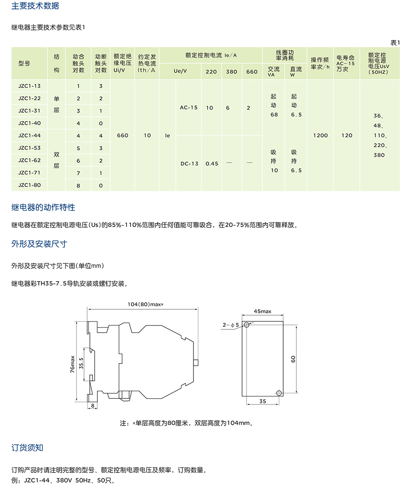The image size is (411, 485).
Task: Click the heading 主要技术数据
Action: pyautogui.click(x=35, y=6)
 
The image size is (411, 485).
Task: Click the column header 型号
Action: pyautogui.click(x=24, y=63)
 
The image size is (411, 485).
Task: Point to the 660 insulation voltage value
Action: pyautogui.click(x=122, y=135)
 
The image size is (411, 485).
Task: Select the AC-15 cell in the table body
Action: pyautogui.click(x=189, y=108)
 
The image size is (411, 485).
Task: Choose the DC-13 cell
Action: pyautogui.click(x=189, y=164)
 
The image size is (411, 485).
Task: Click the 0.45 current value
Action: pyautogui.click(x=212, y=164)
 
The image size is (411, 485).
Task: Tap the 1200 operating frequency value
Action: pyautogui.click(x=320, y=135)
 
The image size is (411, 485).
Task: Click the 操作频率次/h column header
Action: pyautogui.click(x=320, y=63)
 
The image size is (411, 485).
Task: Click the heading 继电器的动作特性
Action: pyautogui.click(x=43, y=208)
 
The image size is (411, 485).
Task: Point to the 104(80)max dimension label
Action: pyautogui.click(x=145, y=304)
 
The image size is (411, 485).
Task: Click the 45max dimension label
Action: pyautogui.click(x=262, y=311)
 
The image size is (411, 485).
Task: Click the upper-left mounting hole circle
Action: pyautogui.click(x=247, y=325)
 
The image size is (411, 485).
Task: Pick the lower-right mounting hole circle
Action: pyautogui.click(x=279, y=392)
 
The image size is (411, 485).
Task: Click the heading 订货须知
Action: pyautogui.click(x=27, y=448)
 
